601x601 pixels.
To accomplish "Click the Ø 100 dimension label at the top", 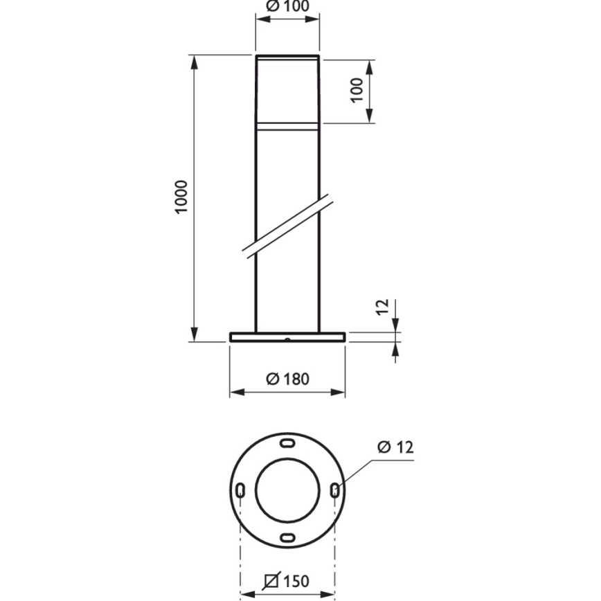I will [x=287, y=6].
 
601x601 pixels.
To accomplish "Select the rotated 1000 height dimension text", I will [x=181, y=197].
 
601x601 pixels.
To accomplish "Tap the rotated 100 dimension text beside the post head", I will [x=357, y=90].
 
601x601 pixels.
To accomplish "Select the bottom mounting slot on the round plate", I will [x=287, y=537].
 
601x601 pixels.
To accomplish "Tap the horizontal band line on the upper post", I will [x=287, y=125].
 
